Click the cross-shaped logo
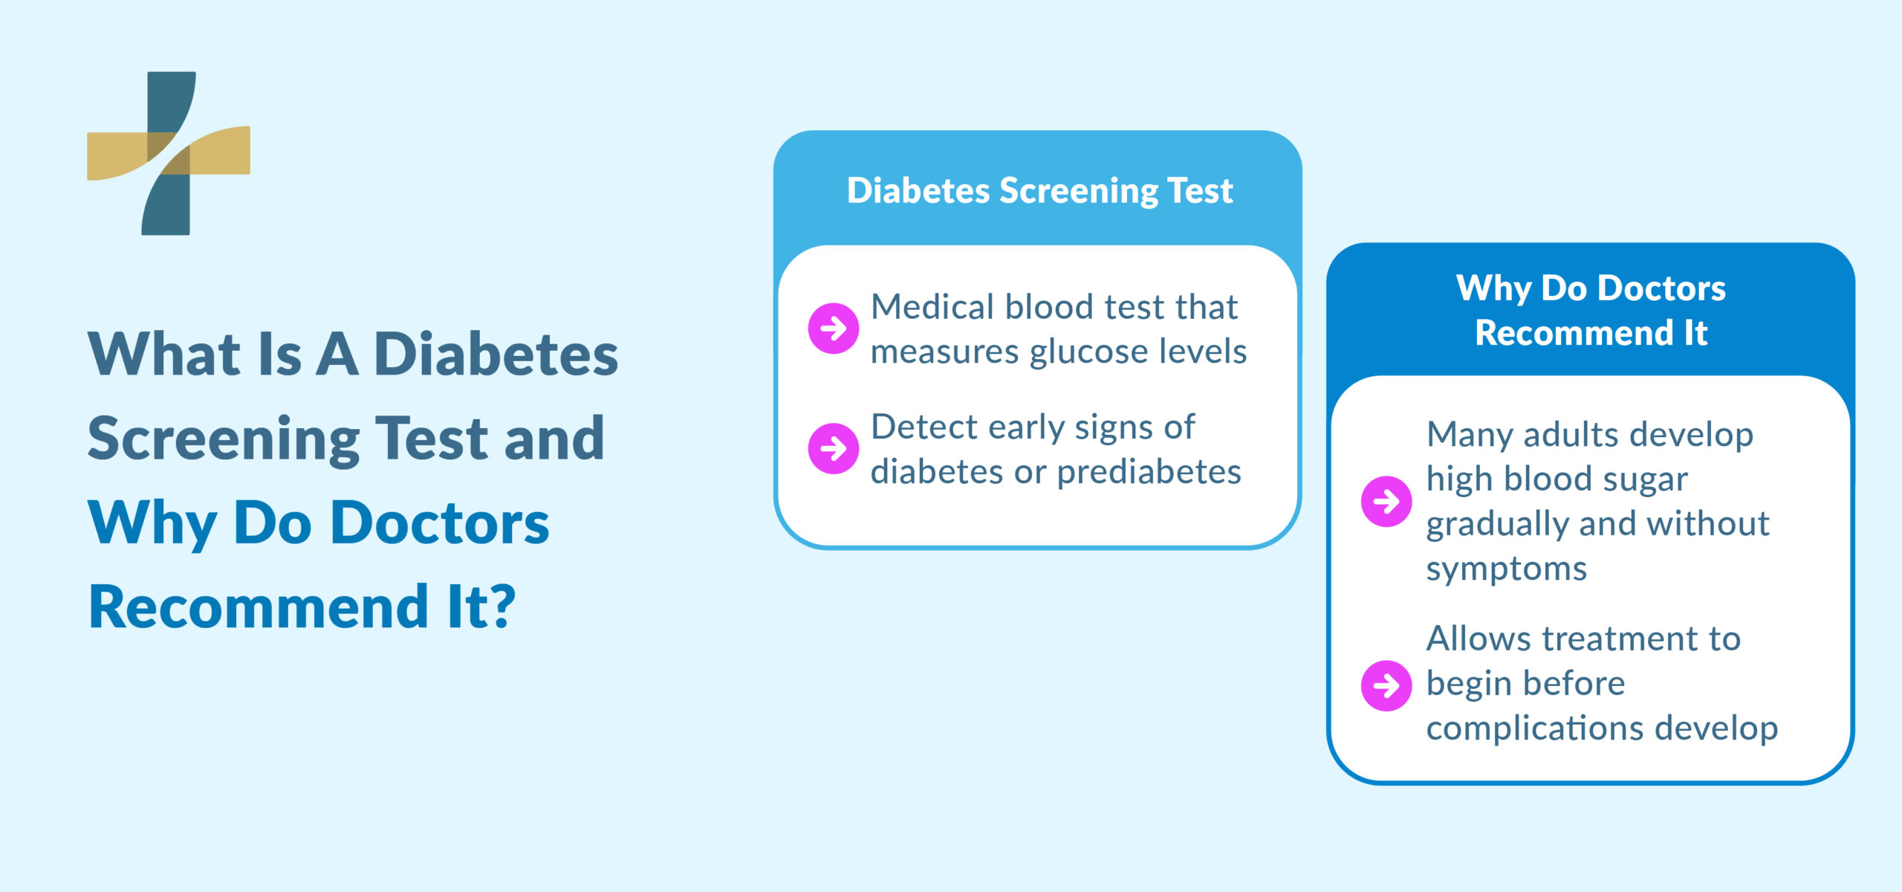169,153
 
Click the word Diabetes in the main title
496,354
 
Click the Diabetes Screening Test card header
1039,190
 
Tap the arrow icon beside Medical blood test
833,328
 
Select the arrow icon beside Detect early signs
833,448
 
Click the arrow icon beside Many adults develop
1386,501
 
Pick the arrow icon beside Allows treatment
1386,685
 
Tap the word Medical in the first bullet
932,307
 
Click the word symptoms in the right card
1506,569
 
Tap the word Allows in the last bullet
1477,639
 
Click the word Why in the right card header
1493,288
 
